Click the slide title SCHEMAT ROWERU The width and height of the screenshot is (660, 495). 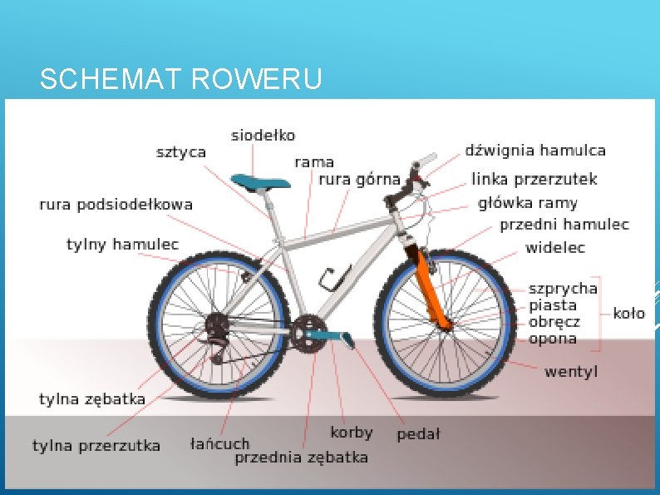[180, 80]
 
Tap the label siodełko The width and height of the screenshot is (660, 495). [263, 135]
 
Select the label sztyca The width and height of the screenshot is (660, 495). [181, 152]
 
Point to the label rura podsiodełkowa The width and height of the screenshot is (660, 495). [116, 204]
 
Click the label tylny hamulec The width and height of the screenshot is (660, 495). [123, 245]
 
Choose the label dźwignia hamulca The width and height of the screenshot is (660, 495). [534, 151]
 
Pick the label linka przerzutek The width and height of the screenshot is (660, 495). [534, 179]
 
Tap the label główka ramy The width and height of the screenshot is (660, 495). [527, 203]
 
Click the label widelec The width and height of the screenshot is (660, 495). [554, 247]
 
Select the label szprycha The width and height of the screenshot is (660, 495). [563, 289]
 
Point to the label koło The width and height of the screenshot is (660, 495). [628, 314]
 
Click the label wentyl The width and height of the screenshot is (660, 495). [570, 371]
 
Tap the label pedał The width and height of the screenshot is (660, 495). [418, 433]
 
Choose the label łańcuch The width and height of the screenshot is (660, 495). [219, 443]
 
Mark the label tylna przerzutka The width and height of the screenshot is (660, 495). [96, 446]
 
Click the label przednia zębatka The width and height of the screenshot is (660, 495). [301, 457]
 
